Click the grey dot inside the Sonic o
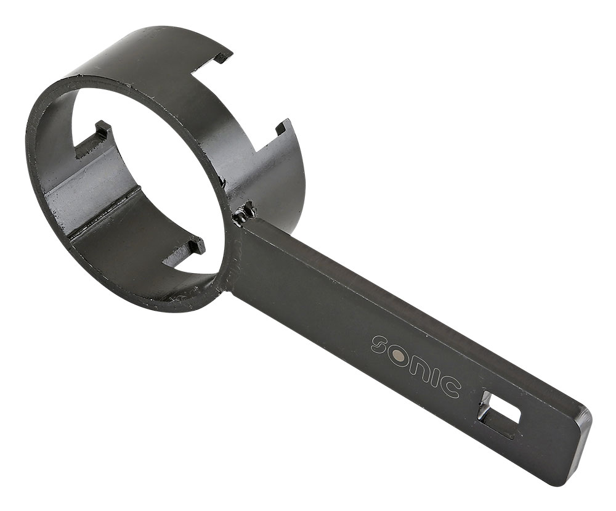tap(400, 358)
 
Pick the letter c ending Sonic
tap(450, 387)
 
